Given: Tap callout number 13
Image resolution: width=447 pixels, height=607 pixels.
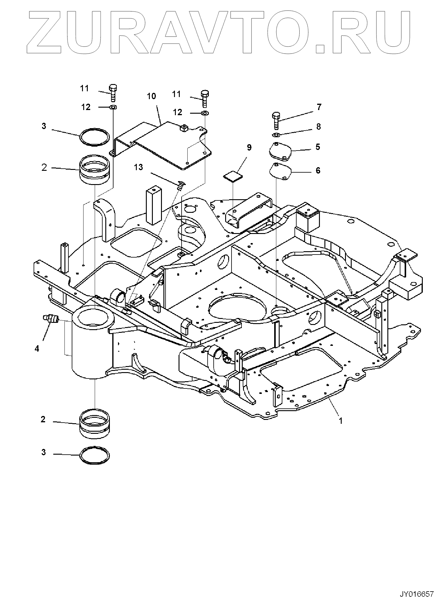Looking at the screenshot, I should [x=138, y=167].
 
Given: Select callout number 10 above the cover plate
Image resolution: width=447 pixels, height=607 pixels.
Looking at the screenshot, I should [x=151, y=96].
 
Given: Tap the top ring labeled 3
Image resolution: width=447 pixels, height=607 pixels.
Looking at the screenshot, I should [x=94, y=138].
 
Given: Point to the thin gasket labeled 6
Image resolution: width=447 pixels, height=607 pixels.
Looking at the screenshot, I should [x=280, y=172].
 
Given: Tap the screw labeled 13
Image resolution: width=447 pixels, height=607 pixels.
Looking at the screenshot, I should [x=181, y=185].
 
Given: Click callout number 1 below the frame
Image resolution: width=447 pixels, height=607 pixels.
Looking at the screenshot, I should [x=341, y=420].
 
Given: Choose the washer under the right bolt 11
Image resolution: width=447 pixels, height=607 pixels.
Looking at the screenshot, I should [x=204, y=113].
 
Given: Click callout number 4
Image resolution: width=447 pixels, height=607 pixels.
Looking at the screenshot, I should [x=37, y=349].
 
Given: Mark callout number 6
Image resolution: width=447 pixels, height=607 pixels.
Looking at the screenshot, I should [x=318, y=171].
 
